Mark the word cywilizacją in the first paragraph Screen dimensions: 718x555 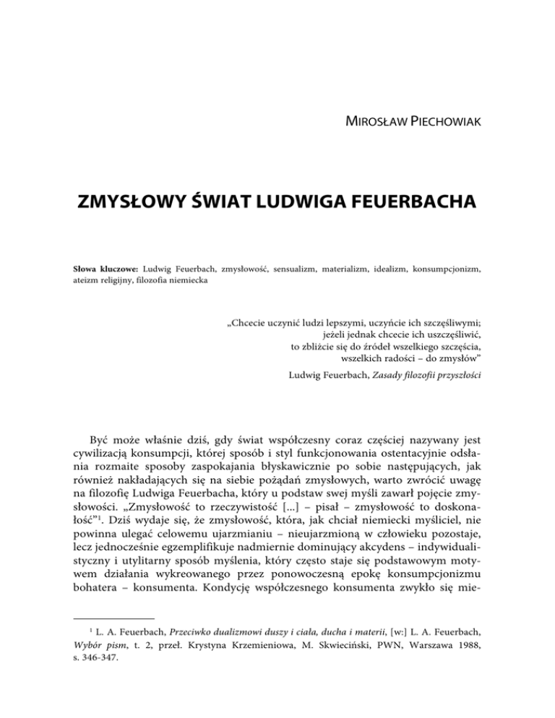(104, 435)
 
